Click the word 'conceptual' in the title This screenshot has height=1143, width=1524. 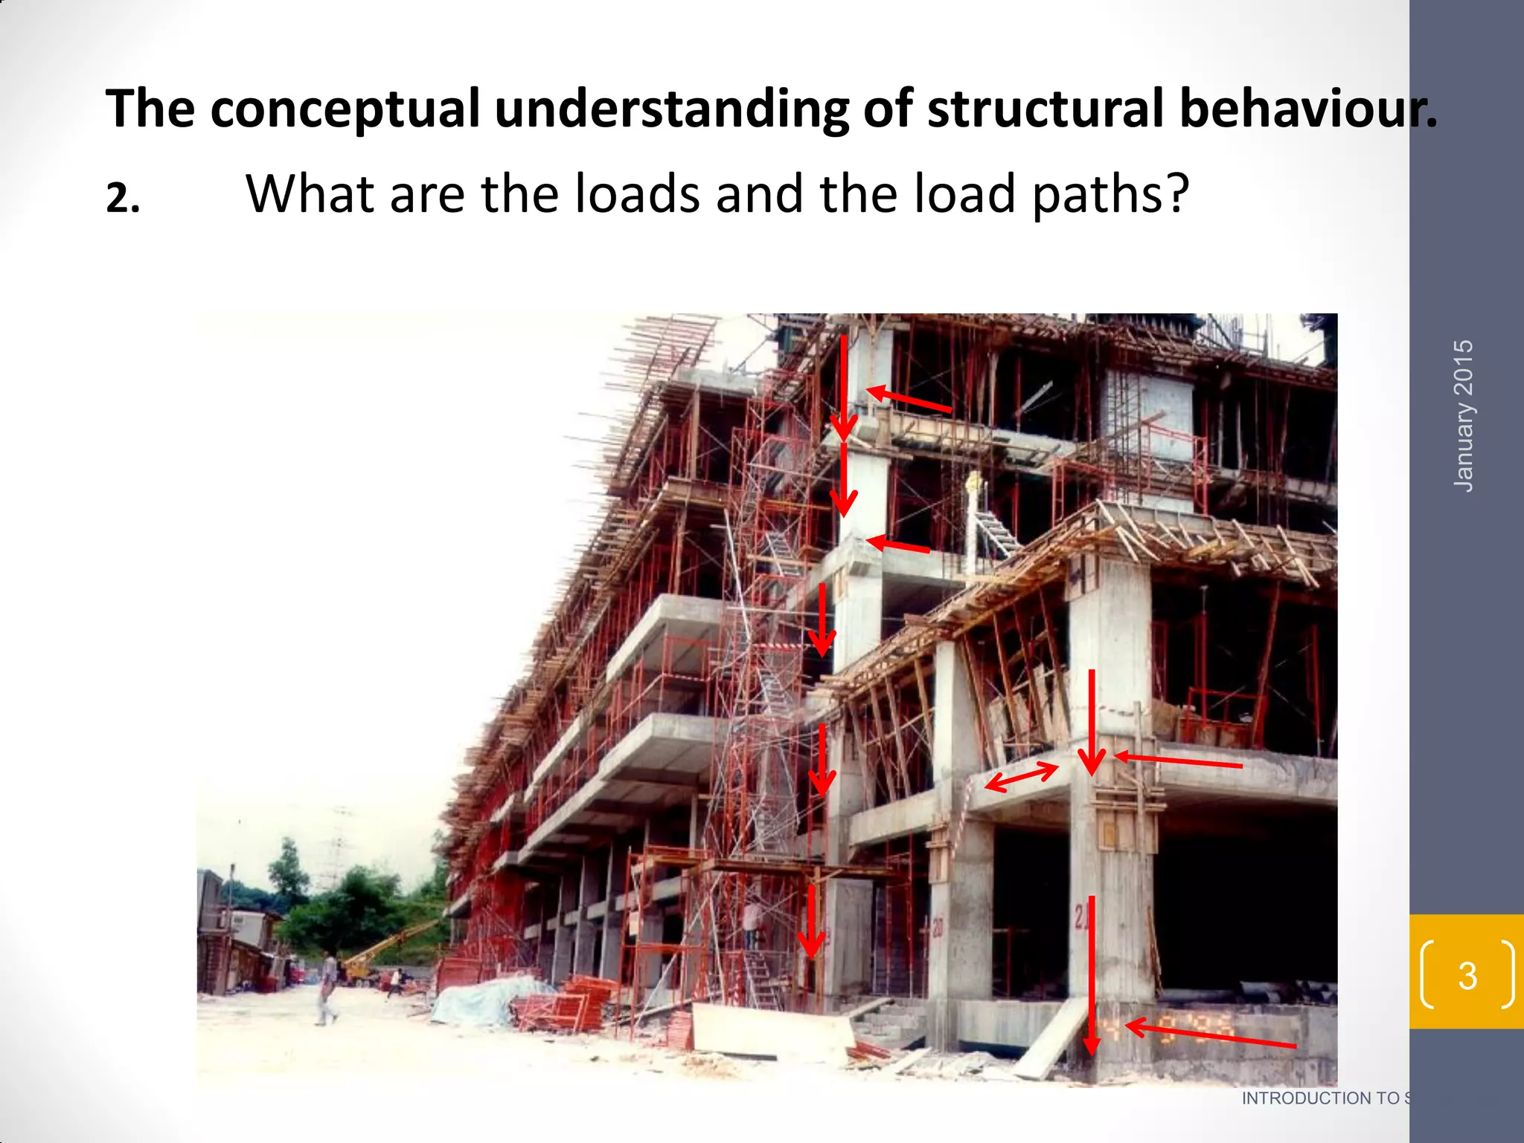tap(345, 109)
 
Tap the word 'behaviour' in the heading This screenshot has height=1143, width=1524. tap(1302, 109)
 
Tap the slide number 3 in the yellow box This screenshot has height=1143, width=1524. tap(1467, 976)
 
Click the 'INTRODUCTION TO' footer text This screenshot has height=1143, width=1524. tap(1320, 1098)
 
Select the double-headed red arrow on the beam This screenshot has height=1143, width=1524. tap(1021, 777)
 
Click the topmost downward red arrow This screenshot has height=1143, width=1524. tap(843, 387)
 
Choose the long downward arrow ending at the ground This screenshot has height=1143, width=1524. tap(1091, 975)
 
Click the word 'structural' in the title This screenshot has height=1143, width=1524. tap(1045, 109)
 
